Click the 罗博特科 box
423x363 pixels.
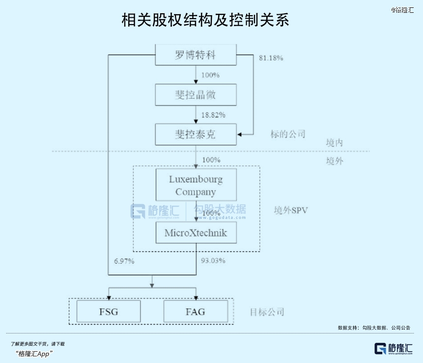(196, 55)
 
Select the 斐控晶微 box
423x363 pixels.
(196, 94)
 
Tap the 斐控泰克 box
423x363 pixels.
(196, 134)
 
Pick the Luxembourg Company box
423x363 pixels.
(196, 185)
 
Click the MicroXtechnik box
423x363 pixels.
(196, 233)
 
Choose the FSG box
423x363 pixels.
(109, 311)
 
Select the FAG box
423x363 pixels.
(196, 311)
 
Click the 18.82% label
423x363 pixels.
(213, 115)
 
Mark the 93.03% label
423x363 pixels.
(213, 261)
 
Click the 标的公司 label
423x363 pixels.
(288, 134)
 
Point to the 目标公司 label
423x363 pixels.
(267, 312)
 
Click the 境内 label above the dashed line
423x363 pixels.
(334, 143)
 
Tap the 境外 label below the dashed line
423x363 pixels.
(334, 161)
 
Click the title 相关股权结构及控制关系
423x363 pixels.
(205, 20)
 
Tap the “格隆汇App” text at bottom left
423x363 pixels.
(34, 354)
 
